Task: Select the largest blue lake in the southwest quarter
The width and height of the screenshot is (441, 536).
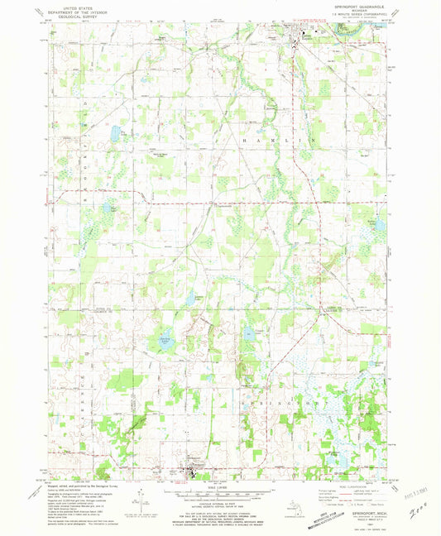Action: [x=165, y=340]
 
